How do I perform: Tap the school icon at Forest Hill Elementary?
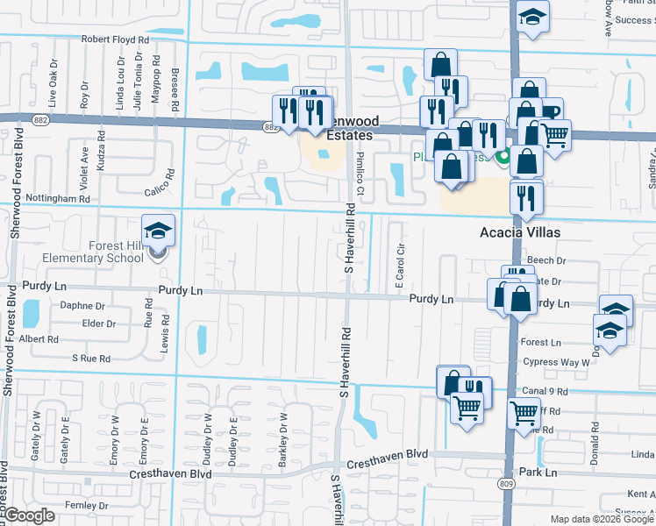[x=159, y=232]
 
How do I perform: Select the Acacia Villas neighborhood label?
[x=519, y=233]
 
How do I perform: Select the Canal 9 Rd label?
[x=544, y=391]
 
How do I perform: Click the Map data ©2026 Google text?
[x=602, y=519]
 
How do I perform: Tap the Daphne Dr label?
[x=82, y=306]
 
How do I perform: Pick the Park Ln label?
[x=538, y=473]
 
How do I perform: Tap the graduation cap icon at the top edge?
[x=531, y=18]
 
